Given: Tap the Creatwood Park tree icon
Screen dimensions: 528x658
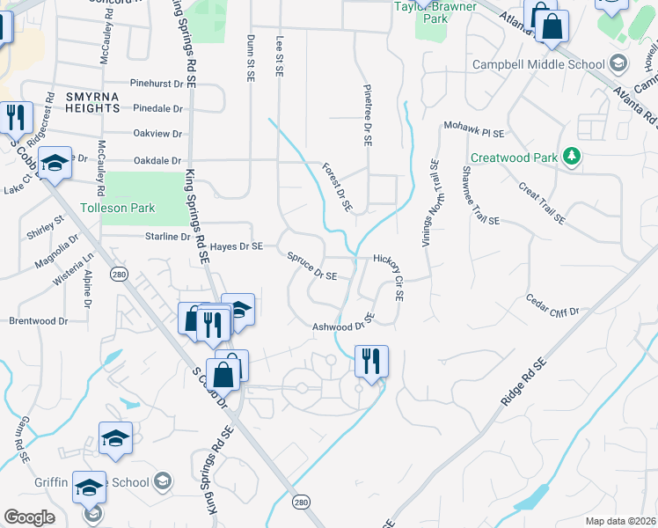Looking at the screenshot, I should tap(573, 157).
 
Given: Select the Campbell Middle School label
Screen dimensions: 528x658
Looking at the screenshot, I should tap(538, 64).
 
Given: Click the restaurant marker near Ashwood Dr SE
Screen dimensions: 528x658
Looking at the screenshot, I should tap(371, 362).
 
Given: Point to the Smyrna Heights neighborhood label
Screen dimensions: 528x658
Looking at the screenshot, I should tap(91, 101).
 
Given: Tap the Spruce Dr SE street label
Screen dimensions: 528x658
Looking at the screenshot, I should tap(312, 267).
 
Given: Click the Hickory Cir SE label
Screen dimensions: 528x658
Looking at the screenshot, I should tap(388, 278).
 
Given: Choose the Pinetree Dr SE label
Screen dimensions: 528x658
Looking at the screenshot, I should tap(368, 115).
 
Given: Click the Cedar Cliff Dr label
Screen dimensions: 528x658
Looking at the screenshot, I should tap(552, 305).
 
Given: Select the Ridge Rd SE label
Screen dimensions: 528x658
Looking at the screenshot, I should tap(523, 381).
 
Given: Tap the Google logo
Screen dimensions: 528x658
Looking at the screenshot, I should tap(30, 517).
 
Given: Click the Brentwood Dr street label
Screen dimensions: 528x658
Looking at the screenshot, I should tap(38, 321).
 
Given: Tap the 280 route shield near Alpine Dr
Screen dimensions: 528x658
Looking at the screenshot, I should tap(121, 275).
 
